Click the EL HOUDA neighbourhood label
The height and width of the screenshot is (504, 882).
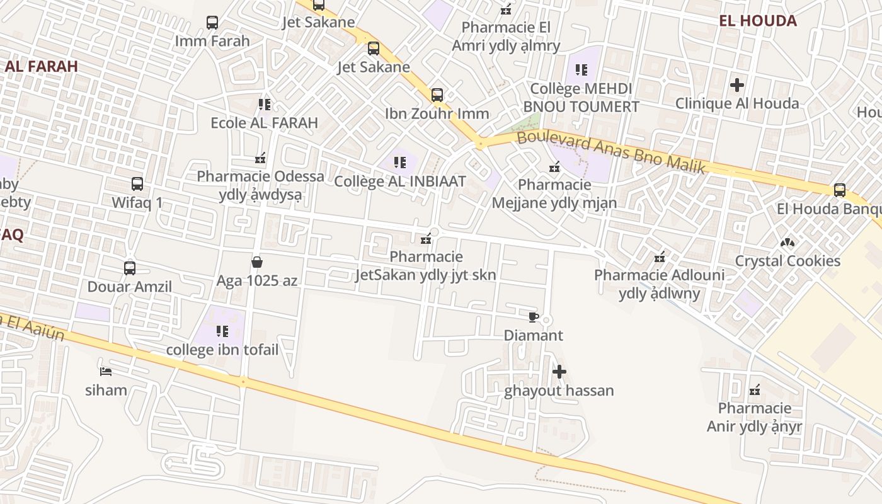tap(758, 21)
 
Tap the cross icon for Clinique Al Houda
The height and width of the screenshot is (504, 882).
tap(737, 84)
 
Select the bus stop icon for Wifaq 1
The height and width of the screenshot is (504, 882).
tap(137, 184)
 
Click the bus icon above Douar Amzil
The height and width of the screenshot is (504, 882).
tap(130, 268)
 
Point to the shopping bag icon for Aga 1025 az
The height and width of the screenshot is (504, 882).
tap(256, 261)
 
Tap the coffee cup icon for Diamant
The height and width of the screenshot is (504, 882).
tap(534, 316)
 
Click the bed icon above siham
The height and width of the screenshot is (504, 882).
tap(106, 371)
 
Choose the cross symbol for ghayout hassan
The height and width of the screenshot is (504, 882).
tap(559, 372)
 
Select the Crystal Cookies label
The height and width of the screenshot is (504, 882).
tap(787, 261)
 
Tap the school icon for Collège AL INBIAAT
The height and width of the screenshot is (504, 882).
tap(400, 163)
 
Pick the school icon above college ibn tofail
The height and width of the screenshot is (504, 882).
tap(222, 331)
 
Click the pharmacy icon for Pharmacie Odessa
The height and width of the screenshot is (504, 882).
tap(260, 157)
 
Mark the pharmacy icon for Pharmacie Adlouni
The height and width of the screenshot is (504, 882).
tap(660, 256)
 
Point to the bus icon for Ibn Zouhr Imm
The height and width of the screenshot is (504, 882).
tap(437, 95)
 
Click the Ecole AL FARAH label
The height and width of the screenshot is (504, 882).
tap(264, 122)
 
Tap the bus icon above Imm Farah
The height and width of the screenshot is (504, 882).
tap(212, 23)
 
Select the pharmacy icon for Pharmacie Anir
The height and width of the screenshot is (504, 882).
tap(754, 390)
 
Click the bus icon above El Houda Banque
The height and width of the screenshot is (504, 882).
tap(839, 190)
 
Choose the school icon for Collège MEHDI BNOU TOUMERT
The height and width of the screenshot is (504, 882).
tap(581, 70)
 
